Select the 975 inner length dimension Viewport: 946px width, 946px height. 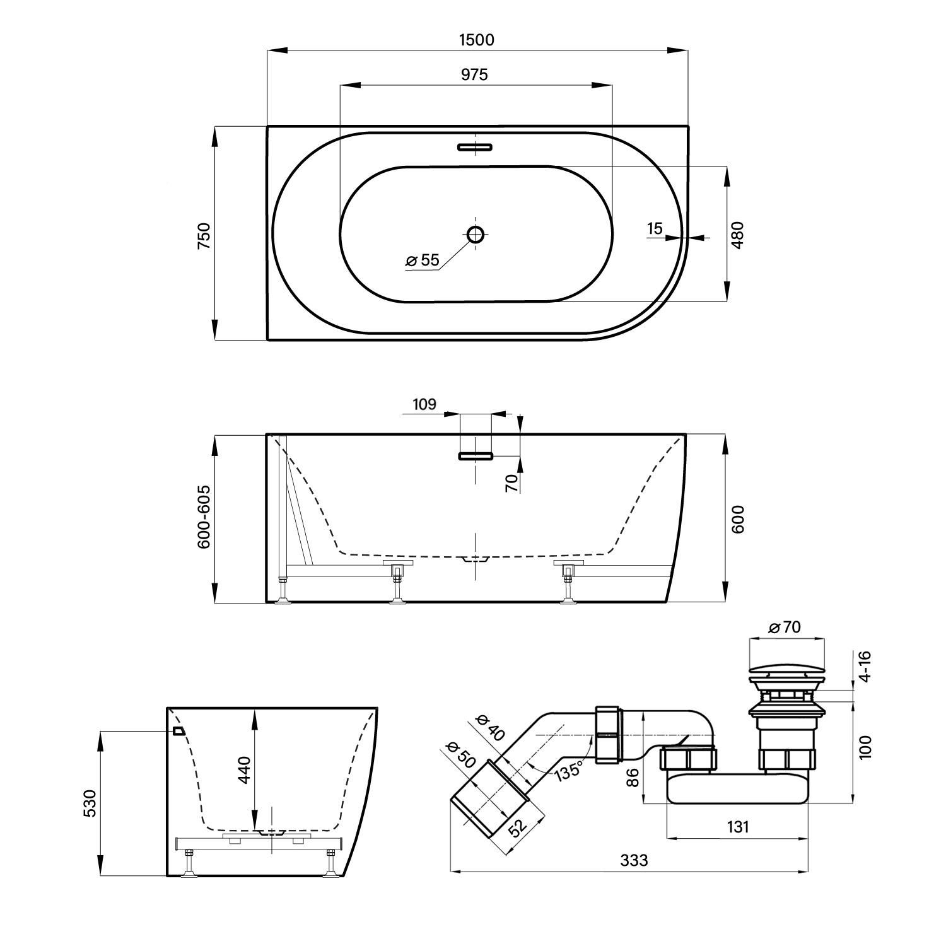point(474,74)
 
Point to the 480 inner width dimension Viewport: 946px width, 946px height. point(738,235)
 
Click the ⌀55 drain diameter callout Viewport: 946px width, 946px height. point(423,260)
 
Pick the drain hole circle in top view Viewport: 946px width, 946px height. point(476,235)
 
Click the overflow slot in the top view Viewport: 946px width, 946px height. point(475,148)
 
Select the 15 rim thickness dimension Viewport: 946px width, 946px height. point(655,228)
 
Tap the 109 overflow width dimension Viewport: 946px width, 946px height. point(424,404)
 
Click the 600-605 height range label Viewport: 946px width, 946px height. point(204,516)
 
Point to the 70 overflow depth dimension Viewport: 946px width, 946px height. point(511,482)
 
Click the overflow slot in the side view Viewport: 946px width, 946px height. point(475,455)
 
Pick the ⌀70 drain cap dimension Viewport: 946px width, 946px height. point(785,627)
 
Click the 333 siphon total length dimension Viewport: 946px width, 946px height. point(634,860)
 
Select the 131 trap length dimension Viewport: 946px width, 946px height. point(738,826)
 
